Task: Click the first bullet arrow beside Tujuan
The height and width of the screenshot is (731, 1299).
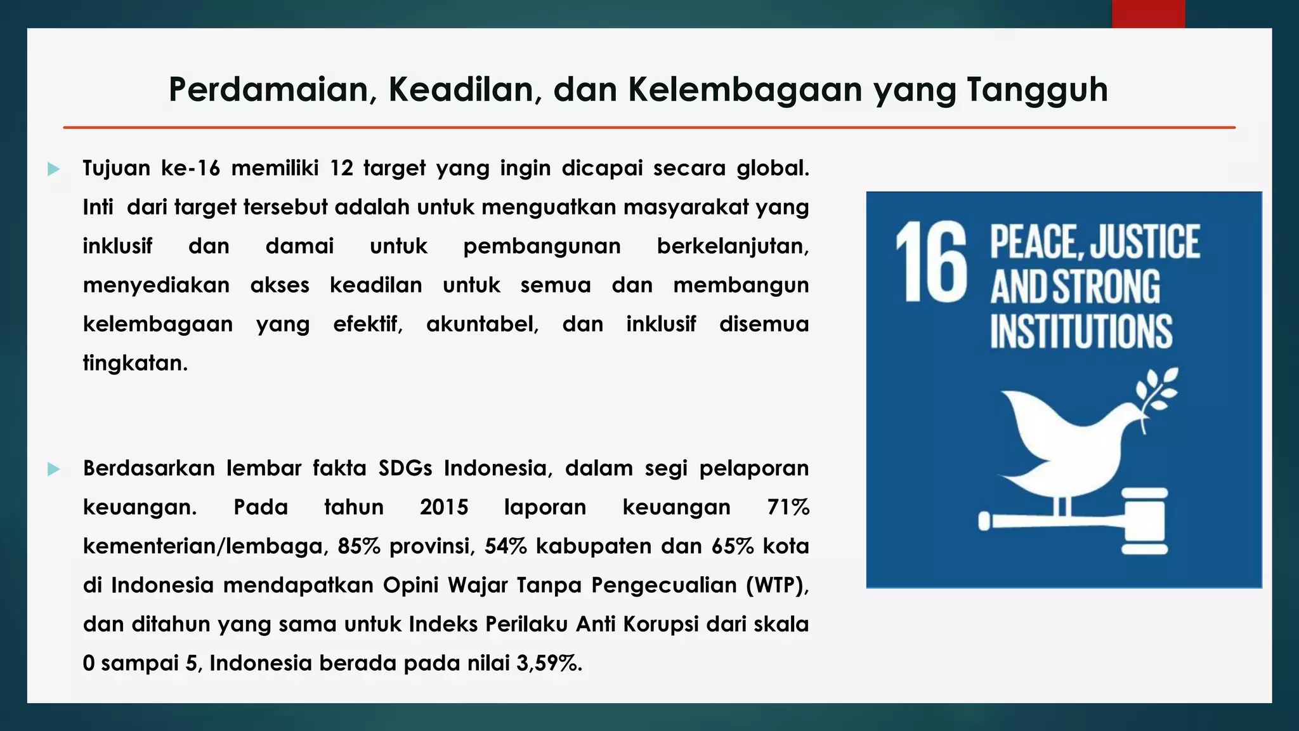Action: (54, 169)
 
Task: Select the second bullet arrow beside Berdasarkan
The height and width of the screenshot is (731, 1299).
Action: (54, 469)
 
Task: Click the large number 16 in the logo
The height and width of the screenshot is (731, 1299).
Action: (931, 261)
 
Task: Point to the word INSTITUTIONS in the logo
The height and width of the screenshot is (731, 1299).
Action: (1081, 331)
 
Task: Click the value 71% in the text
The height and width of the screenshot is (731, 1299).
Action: (788, 508)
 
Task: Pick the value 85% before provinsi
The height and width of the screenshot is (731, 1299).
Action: (358, 546)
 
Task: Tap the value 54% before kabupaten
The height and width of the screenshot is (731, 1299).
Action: (506, 546)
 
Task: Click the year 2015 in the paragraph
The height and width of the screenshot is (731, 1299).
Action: (444, 508)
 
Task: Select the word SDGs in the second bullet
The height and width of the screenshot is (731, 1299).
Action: (405, 468)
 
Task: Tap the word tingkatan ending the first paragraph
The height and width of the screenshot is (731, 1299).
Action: (135, 363)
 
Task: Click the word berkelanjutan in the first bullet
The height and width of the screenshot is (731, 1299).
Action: (733, 246)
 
